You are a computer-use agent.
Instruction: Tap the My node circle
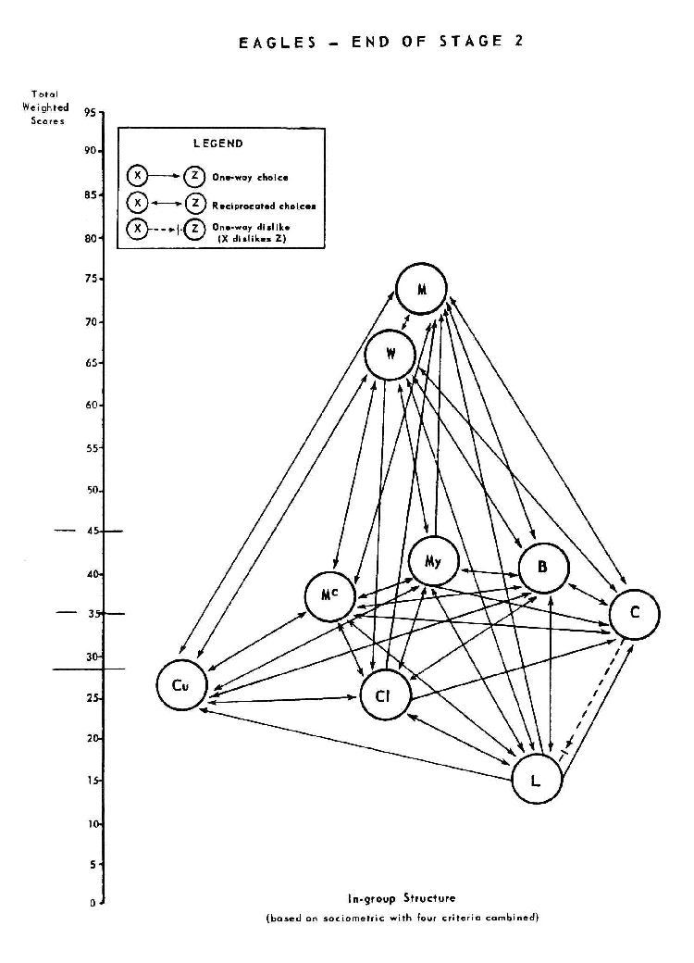pyautogui.click(x=433, y=560)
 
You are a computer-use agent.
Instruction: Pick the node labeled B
pyautogui.click(x=543, y=569)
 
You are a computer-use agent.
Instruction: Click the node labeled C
pyautogui.click(x=634, y=614)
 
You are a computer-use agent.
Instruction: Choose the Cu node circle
pyautogui.click(x=181, y=685)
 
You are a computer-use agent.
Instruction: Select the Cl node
pyautogui.click(x=386, y=697)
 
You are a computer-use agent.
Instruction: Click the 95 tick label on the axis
pyautogui.click(x=90, y=113)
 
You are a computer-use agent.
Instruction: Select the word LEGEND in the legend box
pyautogui.click(x=218, y=144)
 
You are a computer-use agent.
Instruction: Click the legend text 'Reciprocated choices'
pyautogui.click(x=264, y=206)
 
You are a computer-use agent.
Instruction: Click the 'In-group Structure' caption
pyautogui.click(x=402, y=898)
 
